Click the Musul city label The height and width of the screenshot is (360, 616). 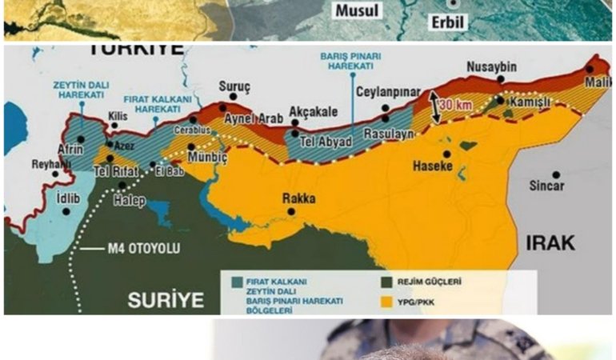click(x=357, y=11)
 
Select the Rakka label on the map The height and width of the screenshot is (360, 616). click(x=299, y=198)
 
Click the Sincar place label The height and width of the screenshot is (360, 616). click(x=546, y=186)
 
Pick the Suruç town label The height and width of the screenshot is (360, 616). click(x=234, y=85)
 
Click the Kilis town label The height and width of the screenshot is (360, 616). click(x=118, y=116)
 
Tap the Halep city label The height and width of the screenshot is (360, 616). click(x=130, y=201)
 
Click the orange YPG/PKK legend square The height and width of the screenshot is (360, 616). click(x=387, y=302)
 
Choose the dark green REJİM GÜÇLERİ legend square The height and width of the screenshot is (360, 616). click(x=387, y=282)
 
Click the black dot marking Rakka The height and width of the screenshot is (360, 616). click(x=291, y=212)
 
